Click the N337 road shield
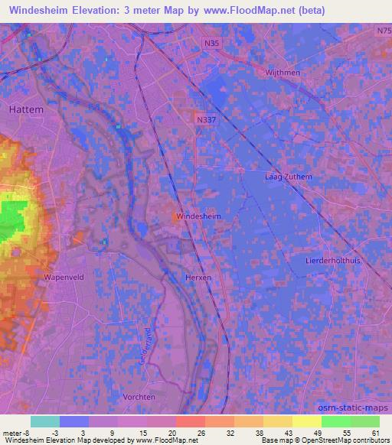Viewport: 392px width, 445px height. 204,120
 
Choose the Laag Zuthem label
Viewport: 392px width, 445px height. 288,177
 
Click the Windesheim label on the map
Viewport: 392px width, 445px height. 199,217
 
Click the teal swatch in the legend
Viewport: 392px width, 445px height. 45,421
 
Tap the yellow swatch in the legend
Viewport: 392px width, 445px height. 307,421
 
